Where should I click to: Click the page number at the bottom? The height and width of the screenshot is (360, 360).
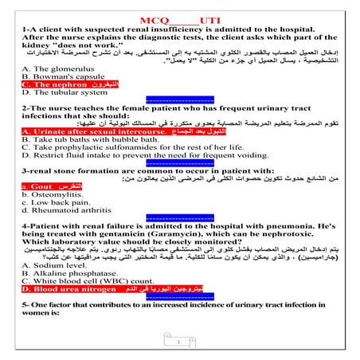[180, 342]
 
